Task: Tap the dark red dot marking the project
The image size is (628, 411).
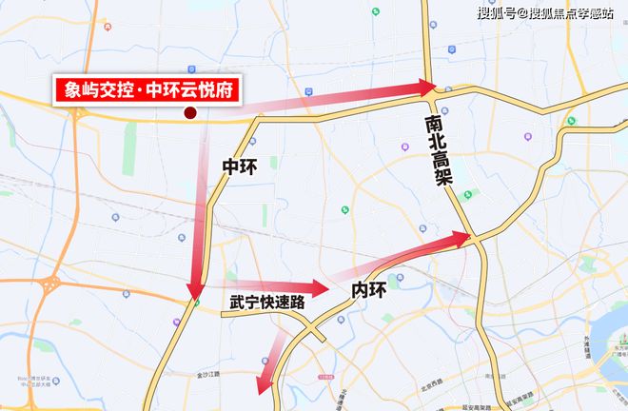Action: (190, 113)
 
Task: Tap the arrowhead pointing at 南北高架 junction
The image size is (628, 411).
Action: (424, 88)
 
